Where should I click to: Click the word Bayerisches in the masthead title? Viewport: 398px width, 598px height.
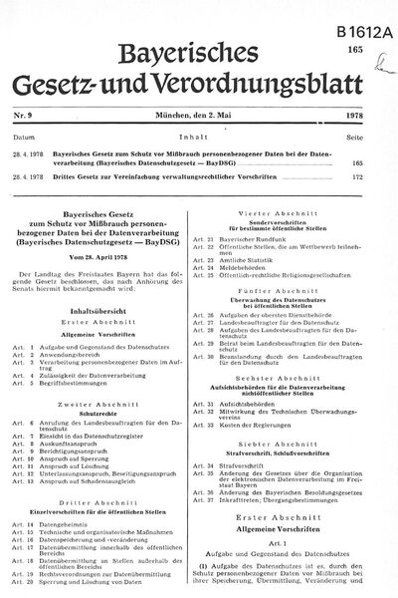(196, 50)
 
